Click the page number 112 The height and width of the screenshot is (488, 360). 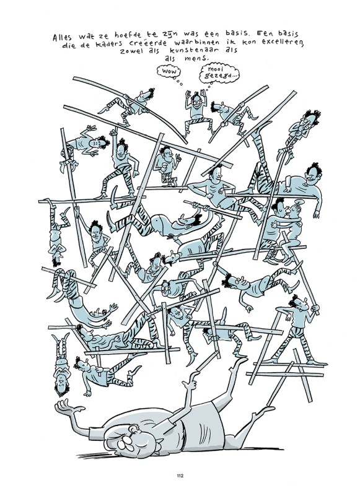[x=180, y=476]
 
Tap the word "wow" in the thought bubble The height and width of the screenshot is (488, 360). [x=169, y=72]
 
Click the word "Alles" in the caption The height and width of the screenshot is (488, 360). [x=63, y=37]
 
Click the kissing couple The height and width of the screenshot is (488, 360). [x=281, y=229]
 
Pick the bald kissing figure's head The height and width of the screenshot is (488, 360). [x=296, y=207]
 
